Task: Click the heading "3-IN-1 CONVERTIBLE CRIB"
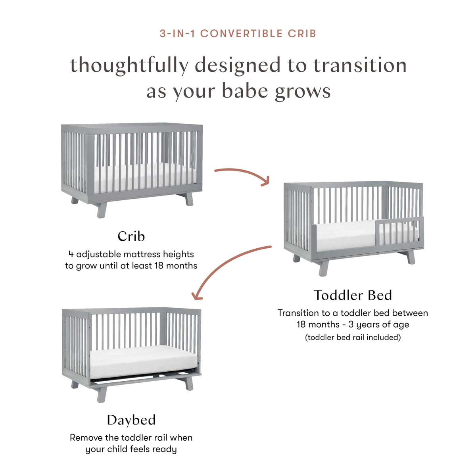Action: click(238, 34)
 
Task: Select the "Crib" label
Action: click(131, 236)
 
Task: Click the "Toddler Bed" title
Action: click(353, 295)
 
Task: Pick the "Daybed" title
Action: click(131, 420)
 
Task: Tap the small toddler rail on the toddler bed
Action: click(399, 230)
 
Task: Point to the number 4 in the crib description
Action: click(71, 254)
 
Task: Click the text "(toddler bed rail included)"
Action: click(353, 338)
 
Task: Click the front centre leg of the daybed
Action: click(102, 394)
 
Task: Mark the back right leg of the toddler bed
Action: click(411, 257)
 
